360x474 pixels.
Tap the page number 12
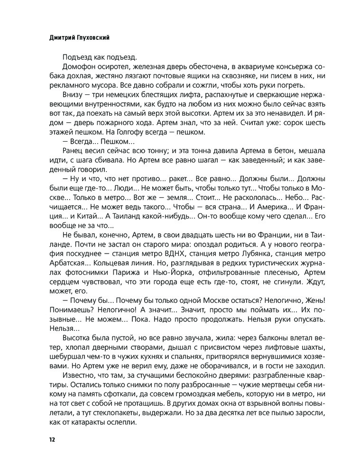click(x=52, y=439)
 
